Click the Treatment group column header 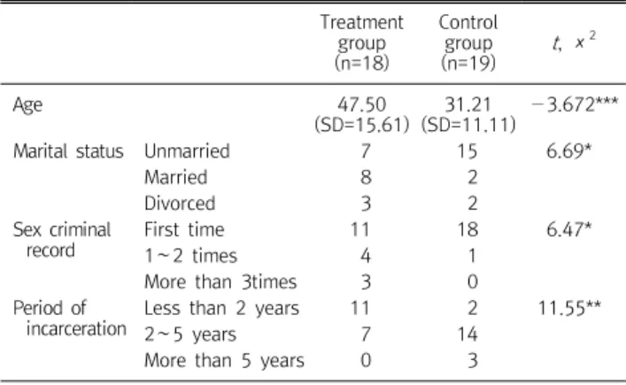click(362, 42)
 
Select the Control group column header click(468, 42)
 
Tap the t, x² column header click(574, 41)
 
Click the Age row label click(27, 105)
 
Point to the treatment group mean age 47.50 click(362, 105)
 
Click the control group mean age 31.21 click(468, 105)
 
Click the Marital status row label click(68, 151)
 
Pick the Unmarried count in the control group click(468, 151)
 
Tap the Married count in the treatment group click(366, 178)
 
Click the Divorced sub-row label click(180, 204)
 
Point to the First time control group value click(468, 230)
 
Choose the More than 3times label click(220, 282)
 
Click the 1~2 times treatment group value click(366, 256)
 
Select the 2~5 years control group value click(468, 335)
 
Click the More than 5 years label click(224, 361)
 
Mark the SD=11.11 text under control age click(468, 125)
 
